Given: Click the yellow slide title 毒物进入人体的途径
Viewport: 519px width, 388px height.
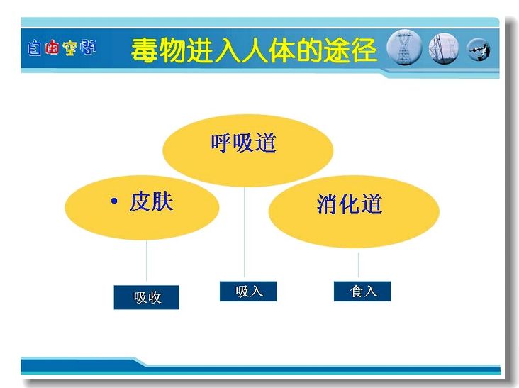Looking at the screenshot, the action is coord(254,50).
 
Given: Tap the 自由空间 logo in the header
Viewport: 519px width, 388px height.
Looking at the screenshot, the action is coord(62,48).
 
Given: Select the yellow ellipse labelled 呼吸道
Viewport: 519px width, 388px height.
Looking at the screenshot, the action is coord(247,150).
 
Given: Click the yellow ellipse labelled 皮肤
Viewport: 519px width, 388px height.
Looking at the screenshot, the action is coord(142,208).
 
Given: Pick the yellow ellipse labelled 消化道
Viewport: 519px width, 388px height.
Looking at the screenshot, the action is coord(354,212).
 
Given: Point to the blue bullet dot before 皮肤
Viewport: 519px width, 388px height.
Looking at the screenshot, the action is coord(115,201).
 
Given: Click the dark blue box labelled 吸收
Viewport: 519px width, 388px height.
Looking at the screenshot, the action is coord(146,297).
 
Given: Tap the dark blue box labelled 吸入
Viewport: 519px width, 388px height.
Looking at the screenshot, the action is coord(248,292).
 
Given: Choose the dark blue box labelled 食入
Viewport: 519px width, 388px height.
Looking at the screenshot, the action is coord(362,292).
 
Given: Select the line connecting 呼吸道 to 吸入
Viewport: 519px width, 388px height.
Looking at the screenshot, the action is coord(245,233).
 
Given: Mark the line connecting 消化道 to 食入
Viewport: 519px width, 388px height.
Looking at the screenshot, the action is coord(358,265).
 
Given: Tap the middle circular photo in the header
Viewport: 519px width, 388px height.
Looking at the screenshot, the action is coord(444,49).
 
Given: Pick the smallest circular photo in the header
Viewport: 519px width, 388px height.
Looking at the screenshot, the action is coord(479,50).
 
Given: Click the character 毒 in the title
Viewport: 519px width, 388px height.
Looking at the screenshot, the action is coord(145,50).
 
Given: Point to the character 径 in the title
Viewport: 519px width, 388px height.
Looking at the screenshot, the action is coord(364,50).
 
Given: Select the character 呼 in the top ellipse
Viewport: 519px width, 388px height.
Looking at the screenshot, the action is coord(221,143).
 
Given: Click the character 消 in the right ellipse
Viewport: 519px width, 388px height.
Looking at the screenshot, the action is coord(328,204).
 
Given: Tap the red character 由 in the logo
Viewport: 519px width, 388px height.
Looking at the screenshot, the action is coord(52,48).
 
